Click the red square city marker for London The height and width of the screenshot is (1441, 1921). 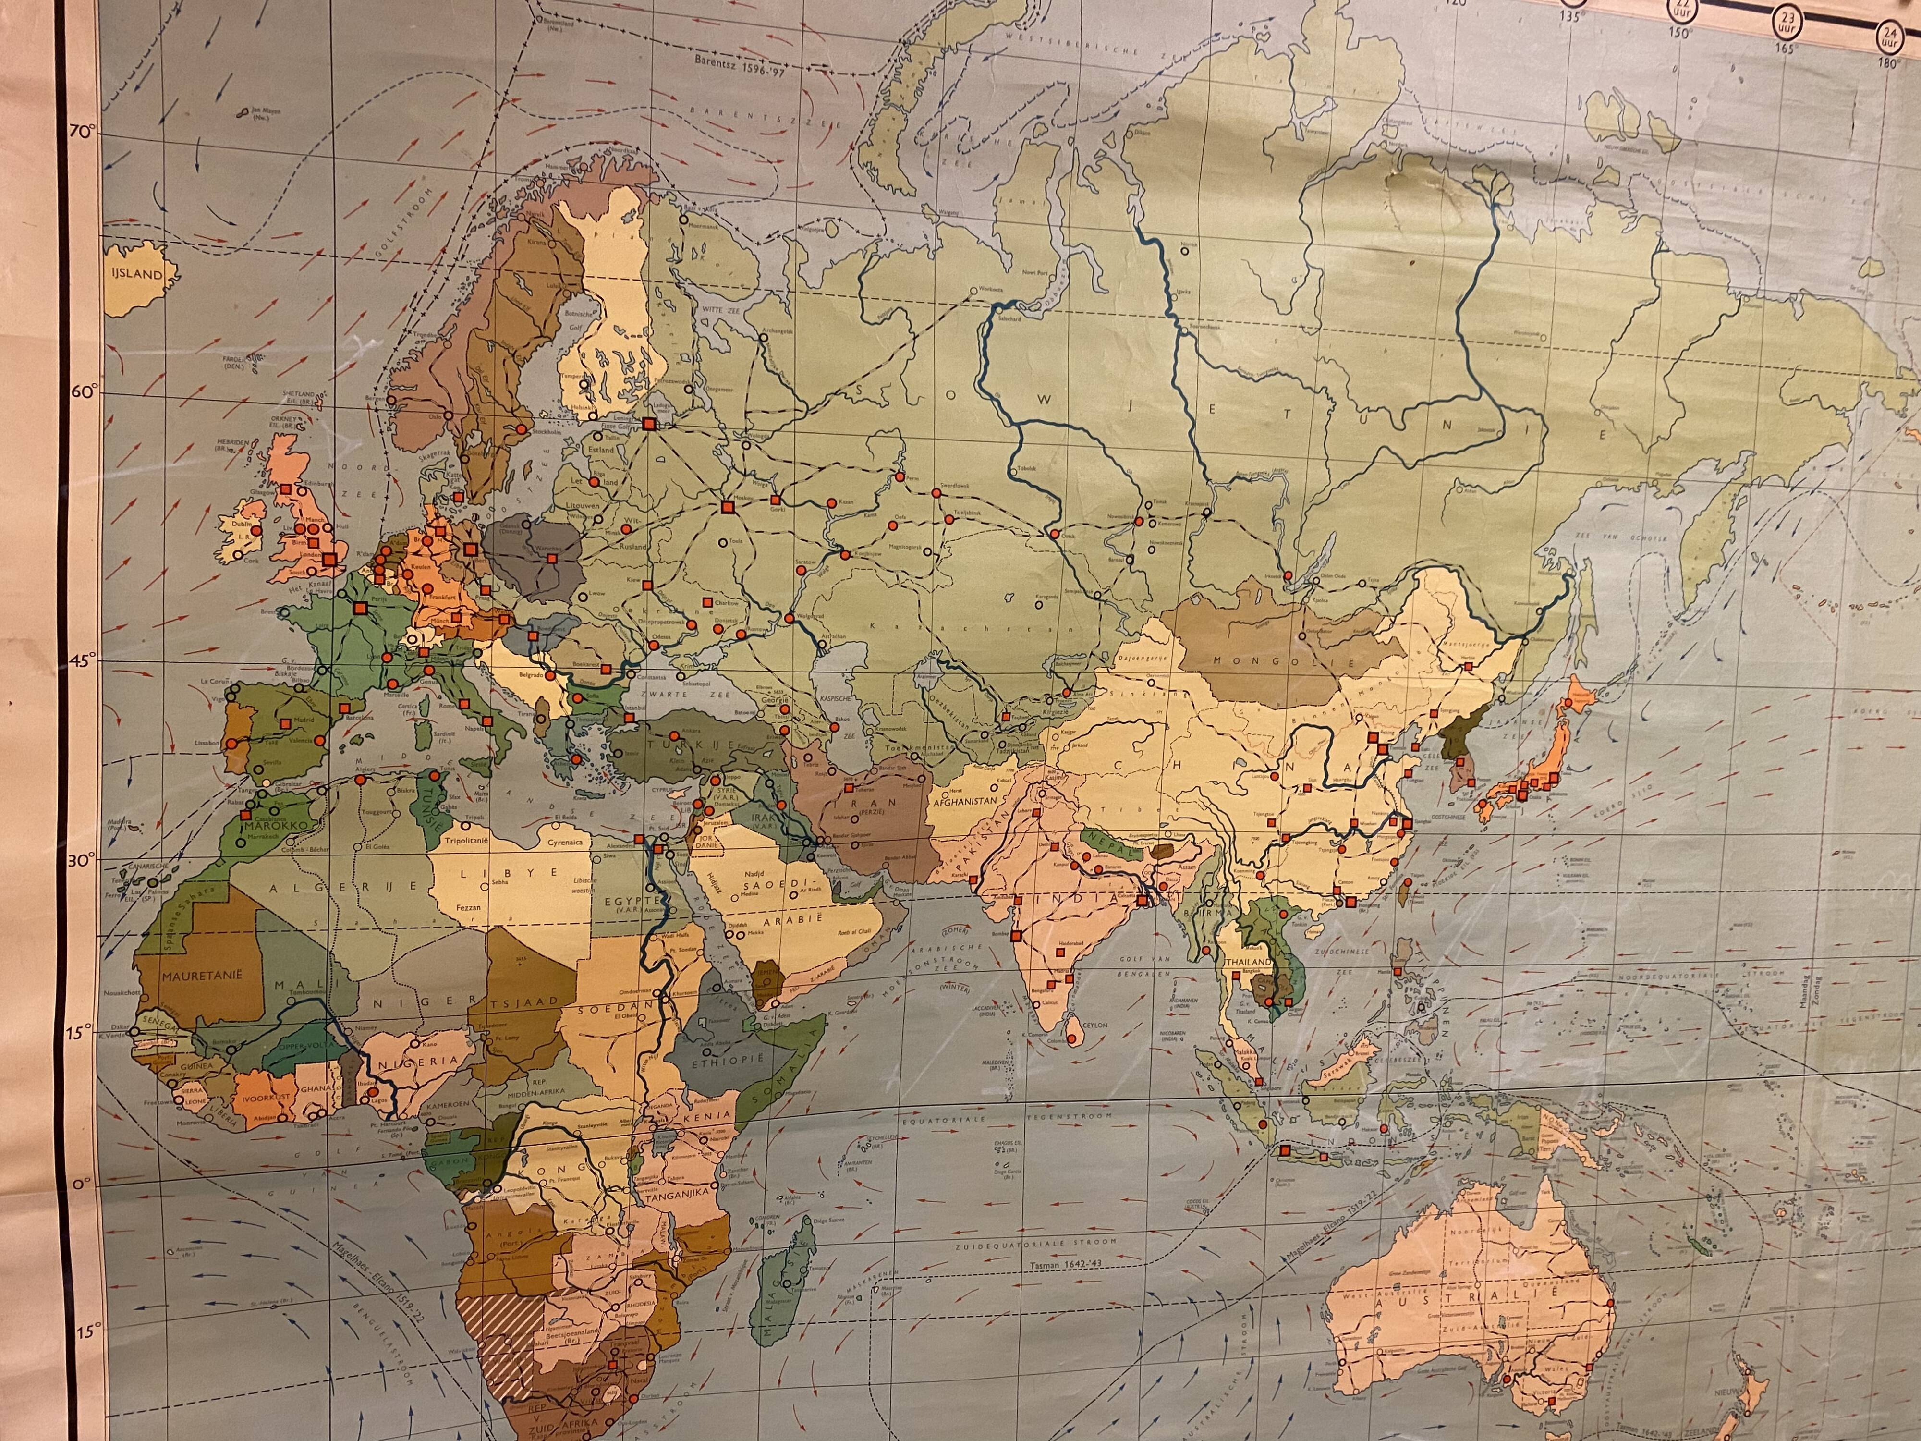tap(331, 560)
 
